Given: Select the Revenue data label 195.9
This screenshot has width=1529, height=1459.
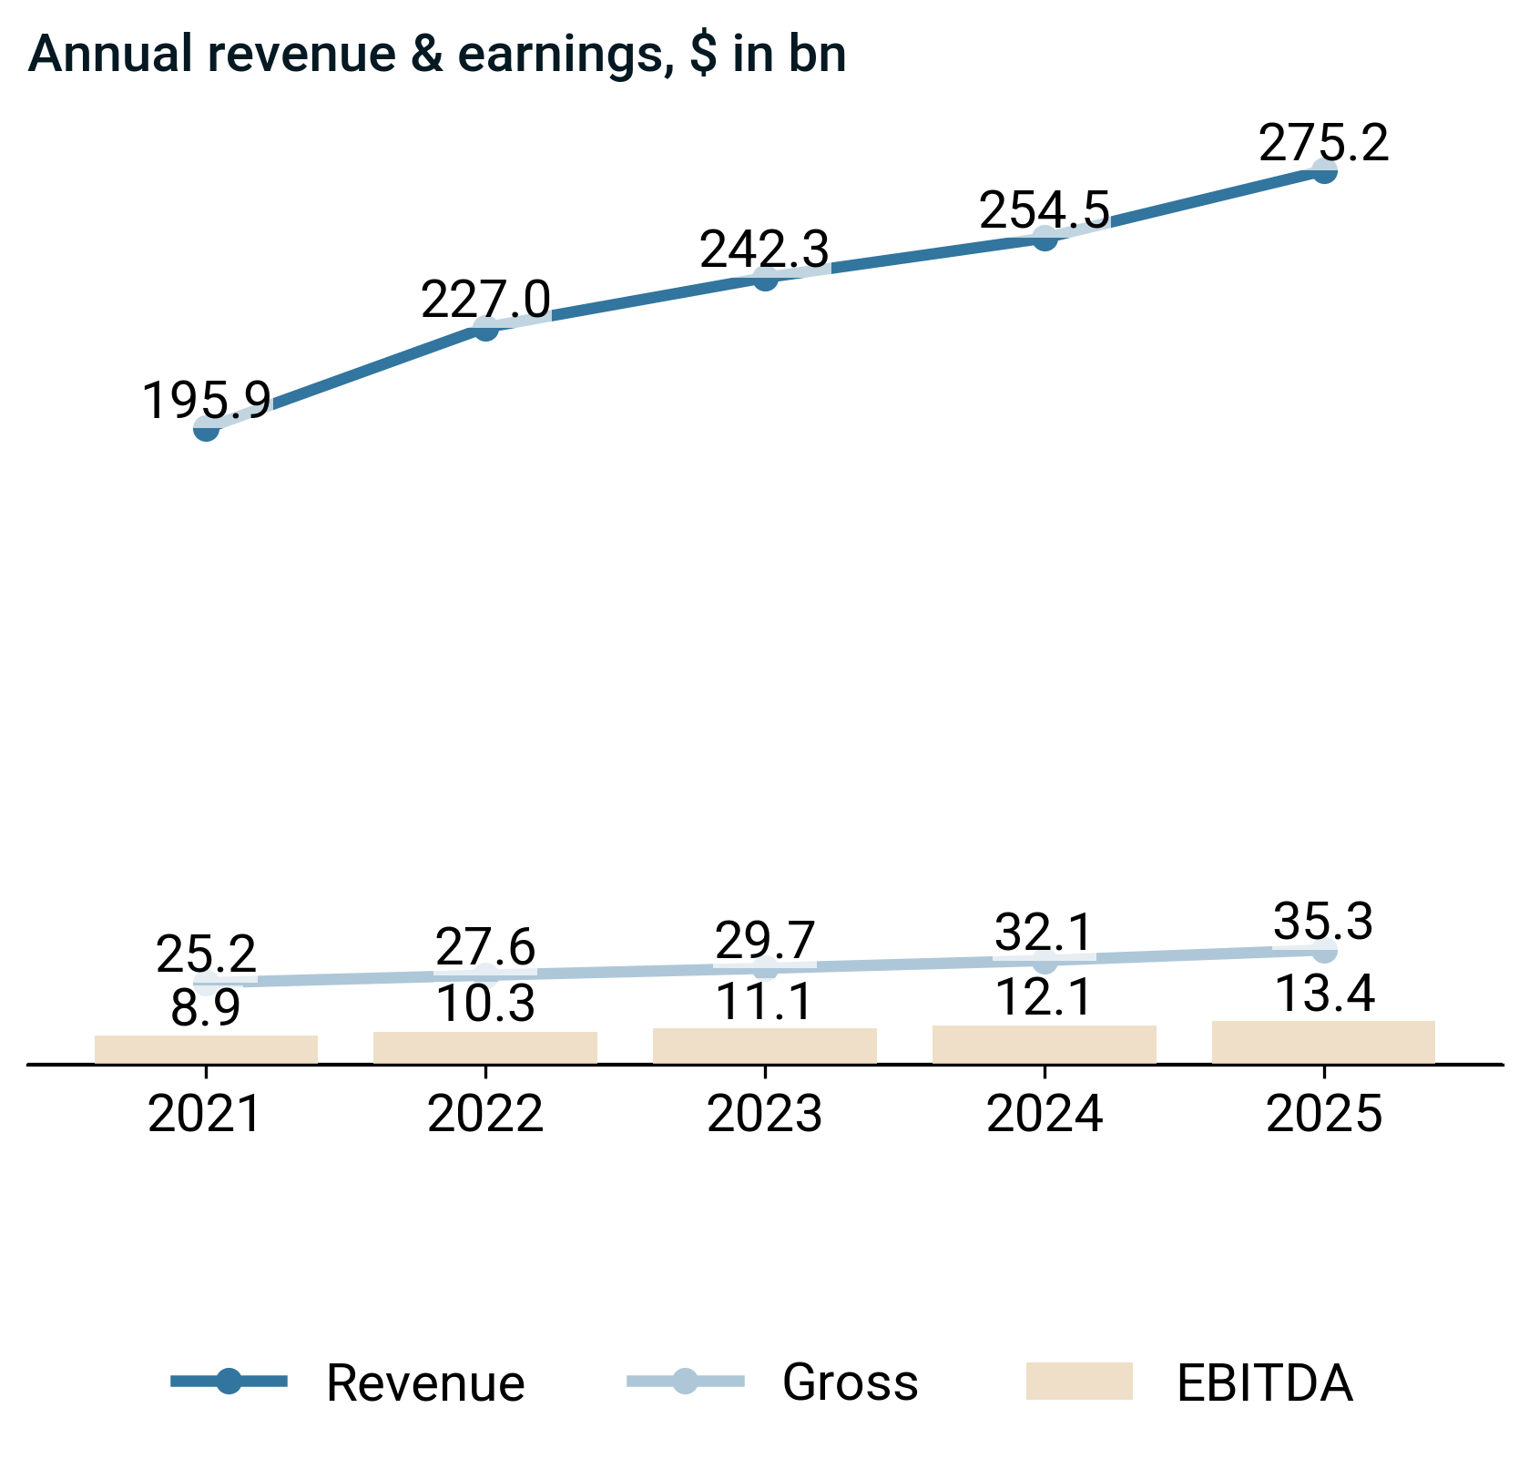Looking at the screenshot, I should pos(207,401).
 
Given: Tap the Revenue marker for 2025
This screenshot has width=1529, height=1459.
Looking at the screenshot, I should pos(1324,170).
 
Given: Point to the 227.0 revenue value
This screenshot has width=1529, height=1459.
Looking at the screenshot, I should pos(485,301).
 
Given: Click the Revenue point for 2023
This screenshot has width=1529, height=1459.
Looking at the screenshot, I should pos(765,278).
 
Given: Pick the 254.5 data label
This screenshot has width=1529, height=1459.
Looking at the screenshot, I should pos(1045,211).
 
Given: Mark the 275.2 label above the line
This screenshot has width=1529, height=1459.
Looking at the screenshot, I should pos(1324,144).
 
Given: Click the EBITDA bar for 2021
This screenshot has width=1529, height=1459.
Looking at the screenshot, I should pos(207,1049).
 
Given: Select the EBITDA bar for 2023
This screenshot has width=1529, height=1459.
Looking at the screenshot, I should pos(765,1046).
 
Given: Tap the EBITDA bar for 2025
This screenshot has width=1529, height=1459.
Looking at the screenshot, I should pos(1324,1042).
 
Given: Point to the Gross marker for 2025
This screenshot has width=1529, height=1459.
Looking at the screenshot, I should pos(1324,951).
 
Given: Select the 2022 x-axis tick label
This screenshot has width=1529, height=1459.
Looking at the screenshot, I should pos(485,1115).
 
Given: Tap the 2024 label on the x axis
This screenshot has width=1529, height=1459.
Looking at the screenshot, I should pos(1045,1115).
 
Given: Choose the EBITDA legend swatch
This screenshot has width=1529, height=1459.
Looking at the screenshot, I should pos(1079,1382).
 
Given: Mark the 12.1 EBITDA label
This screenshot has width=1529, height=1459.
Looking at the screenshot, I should pos(1045,998).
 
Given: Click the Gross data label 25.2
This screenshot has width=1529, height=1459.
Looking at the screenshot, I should pos(207,955).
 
